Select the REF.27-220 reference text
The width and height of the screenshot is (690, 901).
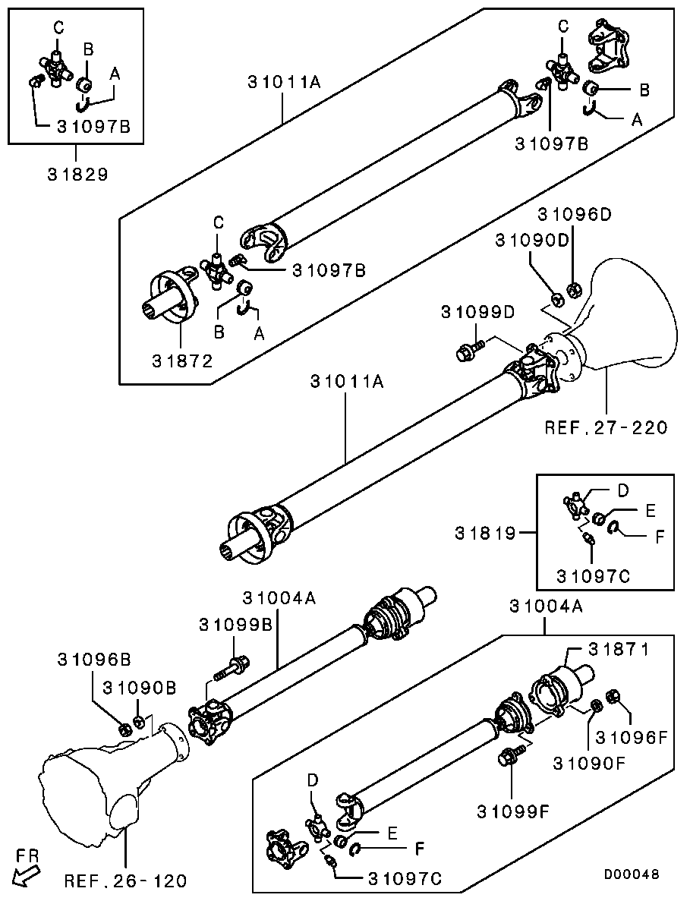tap(606, 427)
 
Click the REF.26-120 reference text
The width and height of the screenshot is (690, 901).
tap(125, 881)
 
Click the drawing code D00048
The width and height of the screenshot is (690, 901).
tap(632, 874)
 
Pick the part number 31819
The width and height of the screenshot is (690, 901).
tap(486, 534)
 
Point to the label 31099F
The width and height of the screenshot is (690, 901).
tap(513, 811)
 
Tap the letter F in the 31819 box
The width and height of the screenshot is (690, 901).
tap(660, 536)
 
